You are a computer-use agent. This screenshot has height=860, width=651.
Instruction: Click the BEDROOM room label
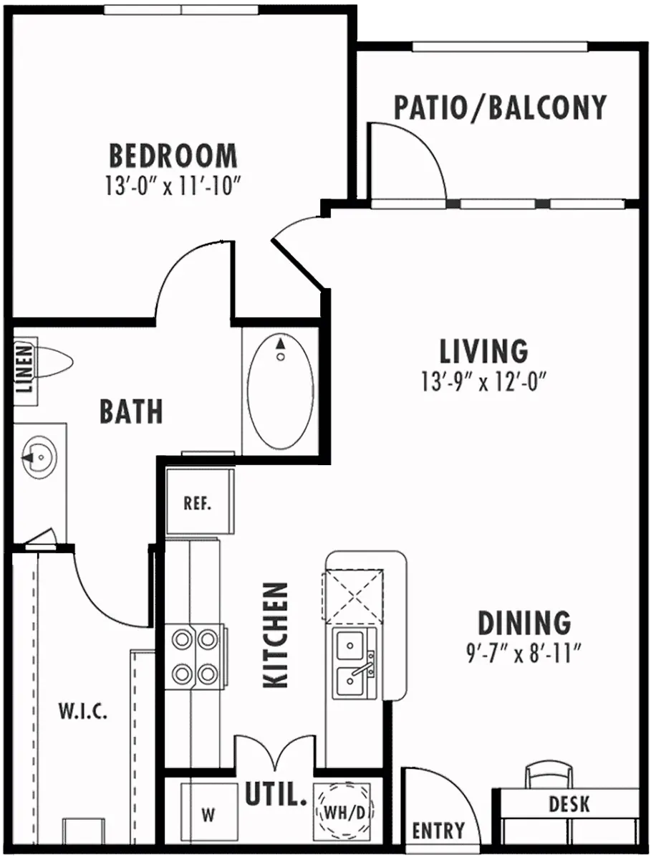(x=173, y=156)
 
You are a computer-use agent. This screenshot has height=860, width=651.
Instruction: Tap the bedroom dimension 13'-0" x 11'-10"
(x=170, y=188)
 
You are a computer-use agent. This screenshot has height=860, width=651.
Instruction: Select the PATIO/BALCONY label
(x=500, y=107)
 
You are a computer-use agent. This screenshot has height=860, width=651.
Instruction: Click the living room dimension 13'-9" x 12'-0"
(x=484, y=383)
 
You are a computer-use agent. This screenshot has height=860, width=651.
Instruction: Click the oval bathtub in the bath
(x=280, y=391)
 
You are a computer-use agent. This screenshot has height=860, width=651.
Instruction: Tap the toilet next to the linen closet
(x=54, y=362)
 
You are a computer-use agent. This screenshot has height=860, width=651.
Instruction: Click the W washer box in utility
(x=208, y=814)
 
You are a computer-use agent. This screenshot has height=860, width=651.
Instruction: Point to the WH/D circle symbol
(x=344, y=813)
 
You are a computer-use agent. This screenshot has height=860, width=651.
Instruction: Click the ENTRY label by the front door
(x=438, y=831)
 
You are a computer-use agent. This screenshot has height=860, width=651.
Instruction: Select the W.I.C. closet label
(x=83, y=712)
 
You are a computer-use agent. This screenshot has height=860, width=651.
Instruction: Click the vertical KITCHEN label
(x=276, y=634)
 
